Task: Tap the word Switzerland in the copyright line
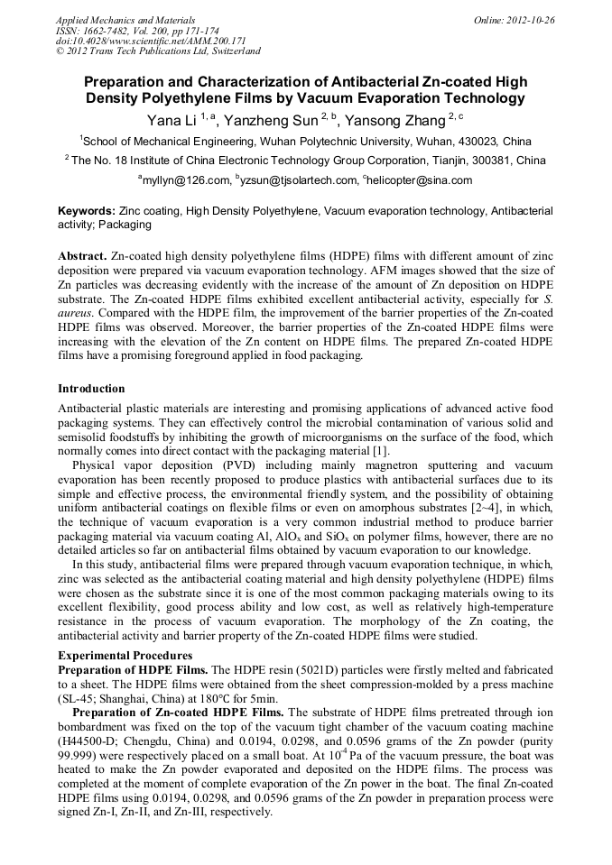pos(230,51)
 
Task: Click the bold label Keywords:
pos(86,210)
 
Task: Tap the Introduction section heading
pos(91,389)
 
